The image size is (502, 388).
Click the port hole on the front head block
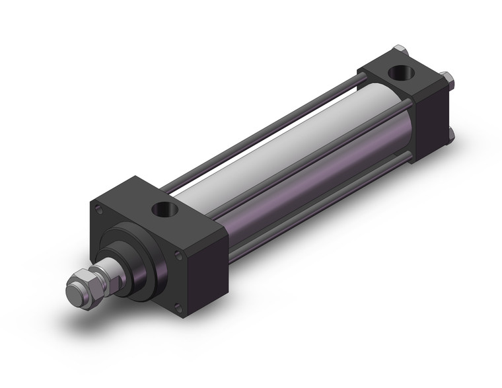tap(162, 211)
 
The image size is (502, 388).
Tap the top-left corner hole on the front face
tap(100, 210)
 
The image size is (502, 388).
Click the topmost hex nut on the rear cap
tap(398, 50)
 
